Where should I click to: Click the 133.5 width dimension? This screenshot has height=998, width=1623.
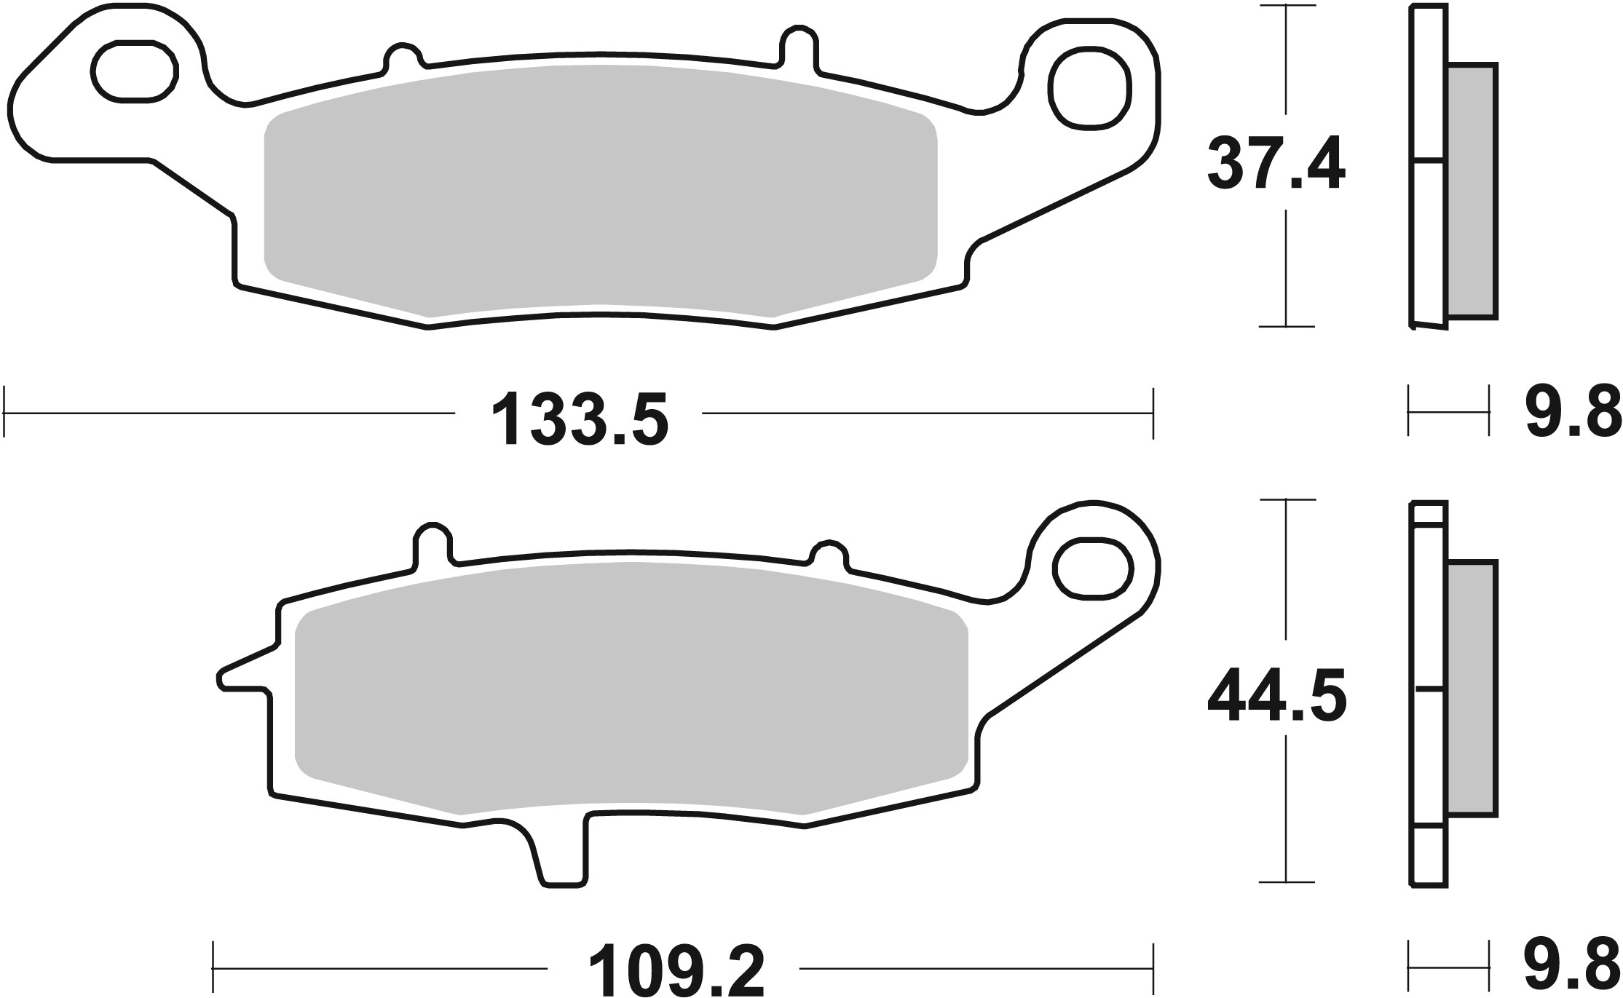pyautogui.click(x=579, y=420)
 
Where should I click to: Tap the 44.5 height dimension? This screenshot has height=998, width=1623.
pyautogui.click(x=1276, y=700)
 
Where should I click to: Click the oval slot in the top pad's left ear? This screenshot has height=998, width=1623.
pyautogui.click(x=135, y=71)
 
